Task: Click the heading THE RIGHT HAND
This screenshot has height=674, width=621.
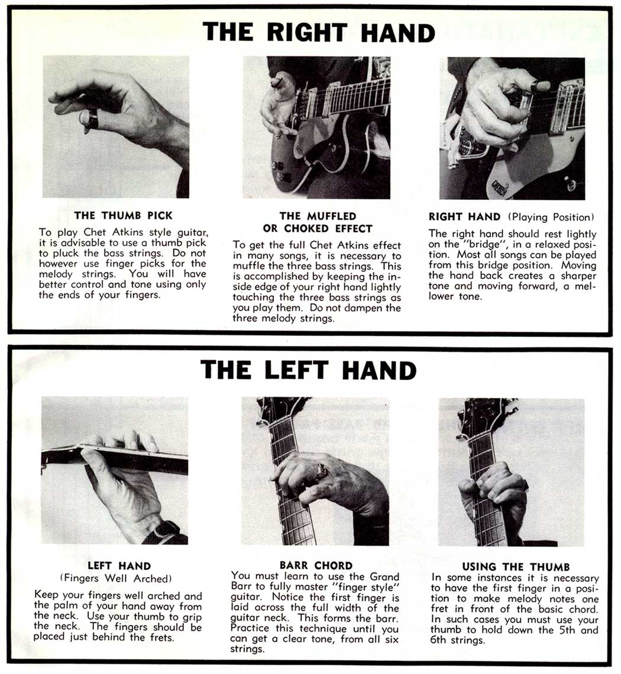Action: click(x=319, y=33)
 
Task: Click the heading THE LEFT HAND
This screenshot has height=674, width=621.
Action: click(x=308, y=370)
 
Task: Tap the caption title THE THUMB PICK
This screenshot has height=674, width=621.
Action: click(x=123, y=215)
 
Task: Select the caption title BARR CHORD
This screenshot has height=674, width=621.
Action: click(x=316, y=565)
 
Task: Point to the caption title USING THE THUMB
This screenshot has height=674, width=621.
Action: click(x=516, y=566)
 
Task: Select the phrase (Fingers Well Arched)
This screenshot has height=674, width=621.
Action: click(x=116, y=579)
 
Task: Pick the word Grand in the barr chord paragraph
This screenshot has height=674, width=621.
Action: click(x=384, y=576)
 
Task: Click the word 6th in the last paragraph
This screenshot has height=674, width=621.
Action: click(x=438, y=640)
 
